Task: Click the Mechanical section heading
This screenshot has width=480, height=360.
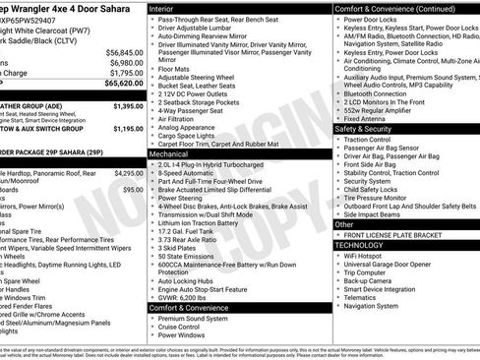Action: (x=168, y=153)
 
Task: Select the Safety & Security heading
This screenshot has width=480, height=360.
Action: (x=370, y=129)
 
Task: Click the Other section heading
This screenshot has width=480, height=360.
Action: (x=345, y=224)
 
